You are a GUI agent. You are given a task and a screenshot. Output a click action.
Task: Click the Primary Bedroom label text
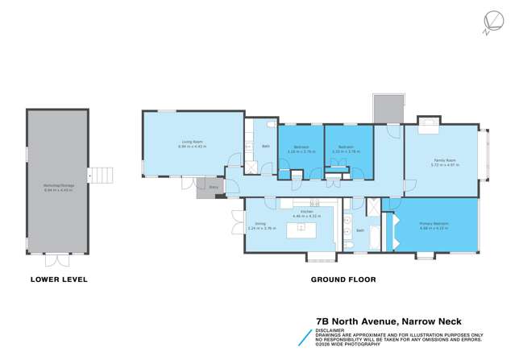pyautogui.click(x=434, y=225)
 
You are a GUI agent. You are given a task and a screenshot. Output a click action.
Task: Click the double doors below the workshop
pyautogui.click(x=56, y=260)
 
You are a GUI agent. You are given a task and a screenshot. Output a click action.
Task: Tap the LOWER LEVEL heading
pyautogui.click(x=58, y=279)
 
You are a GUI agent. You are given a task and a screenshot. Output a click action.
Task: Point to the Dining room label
pyautogui.click(x=260, y=226)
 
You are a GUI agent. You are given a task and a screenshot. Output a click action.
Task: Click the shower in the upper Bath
pyautogui.click(x=252, y=168)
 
